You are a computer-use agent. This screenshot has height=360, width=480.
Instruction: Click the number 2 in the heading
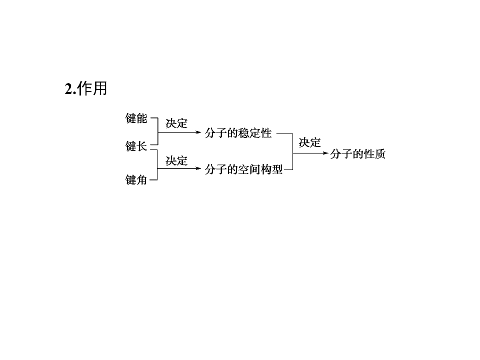(69, 89)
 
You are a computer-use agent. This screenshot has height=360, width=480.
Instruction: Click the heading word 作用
(92, 89)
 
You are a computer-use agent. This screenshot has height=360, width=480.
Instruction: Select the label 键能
(136, 118)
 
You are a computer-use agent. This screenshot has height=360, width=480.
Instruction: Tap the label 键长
(136, 146)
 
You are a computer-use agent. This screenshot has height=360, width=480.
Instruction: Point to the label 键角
(136, 179)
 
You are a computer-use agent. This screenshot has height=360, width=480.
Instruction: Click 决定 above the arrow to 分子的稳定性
(176, 123)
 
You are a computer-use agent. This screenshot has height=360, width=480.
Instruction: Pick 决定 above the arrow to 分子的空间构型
(176, 160)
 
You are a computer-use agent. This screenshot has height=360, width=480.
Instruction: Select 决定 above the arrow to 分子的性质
(310, 142)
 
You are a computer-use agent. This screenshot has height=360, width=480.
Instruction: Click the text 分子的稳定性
(238, 133)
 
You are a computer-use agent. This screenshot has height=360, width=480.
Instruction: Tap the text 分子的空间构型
(243, 169)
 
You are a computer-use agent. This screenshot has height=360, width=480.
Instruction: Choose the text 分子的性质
(357, 153)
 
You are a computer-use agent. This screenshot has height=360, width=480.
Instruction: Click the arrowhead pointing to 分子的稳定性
(198, 132)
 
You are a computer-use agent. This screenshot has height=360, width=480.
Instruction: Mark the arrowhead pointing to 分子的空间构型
(198, 168)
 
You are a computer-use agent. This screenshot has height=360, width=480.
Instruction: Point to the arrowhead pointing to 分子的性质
(325, 153)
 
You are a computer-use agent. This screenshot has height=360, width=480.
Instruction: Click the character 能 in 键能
(141, 118)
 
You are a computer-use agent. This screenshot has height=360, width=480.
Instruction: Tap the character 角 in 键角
(141, 179)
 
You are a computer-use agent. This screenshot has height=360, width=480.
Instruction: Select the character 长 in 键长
(141, 146)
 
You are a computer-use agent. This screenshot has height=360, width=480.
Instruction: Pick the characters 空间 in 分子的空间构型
(249, 169)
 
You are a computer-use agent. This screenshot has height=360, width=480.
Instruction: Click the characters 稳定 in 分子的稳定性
(249, 133)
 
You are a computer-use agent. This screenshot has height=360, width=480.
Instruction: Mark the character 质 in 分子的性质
(380, 153)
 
